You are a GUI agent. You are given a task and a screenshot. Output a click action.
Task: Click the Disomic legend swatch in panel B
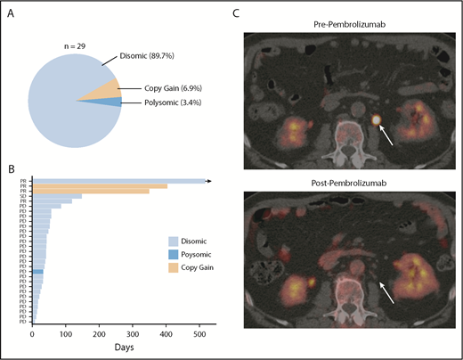(x=174, y=241)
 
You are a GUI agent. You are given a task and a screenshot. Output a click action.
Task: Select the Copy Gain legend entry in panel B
(x=200, y=267)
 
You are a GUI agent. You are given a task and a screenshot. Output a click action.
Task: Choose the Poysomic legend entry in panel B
(x=200, y=254)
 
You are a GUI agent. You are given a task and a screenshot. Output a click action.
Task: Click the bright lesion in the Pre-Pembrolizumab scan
(x=376, y=118)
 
